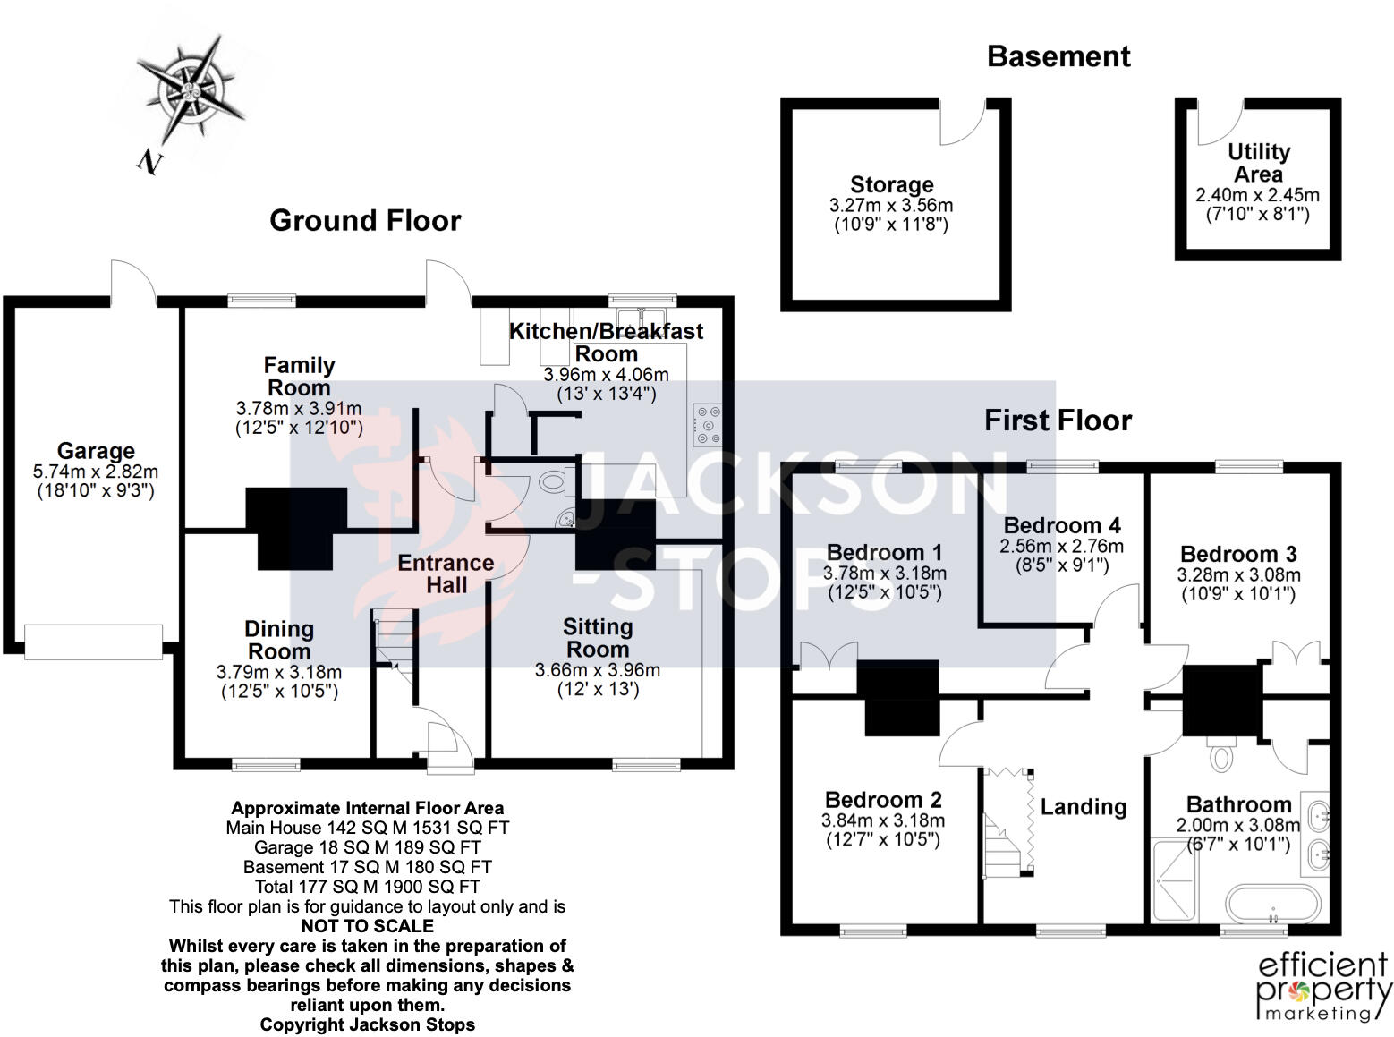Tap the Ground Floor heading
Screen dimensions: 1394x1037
click(x=365, y=221)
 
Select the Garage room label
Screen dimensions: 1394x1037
click(x=96, y=451)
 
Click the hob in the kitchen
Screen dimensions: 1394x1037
click(x=707, y=425)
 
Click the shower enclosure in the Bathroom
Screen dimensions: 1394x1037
click(x=1175, y=880)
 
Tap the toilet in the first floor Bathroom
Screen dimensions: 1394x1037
click(x=1220, y=755)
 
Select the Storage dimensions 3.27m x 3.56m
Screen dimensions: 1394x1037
click(x=891, y=206)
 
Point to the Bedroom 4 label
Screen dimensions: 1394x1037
click(x=1062, y=525)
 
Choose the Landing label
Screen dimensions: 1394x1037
click(x=1084, y=807)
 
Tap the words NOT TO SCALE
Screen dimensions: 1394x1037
click(x=368, y=926)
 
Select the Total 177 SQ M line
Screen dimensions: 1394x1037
click(x=368, y=887)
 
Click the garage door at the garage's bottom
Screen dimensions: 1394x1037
click(x=94, y=642)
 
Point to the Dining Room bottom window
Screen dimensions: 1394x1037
click(x=266, y=764)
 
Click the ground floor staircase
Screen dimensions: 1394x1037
click(x=394, y=647)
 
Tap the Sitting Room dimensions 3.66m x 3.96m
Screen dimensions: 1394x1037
click(x=598, y=670)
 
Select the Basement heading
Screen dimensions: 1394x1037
click(x=1058, y=56)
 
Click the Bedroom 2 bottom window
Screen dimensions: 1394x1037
click(x=873, y=931)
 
